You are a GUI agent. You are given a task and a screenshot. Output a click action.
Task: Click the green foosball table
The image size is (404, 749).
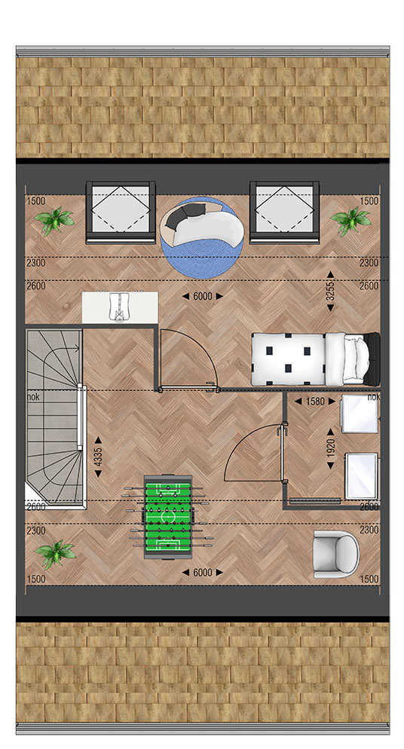pos(168,517)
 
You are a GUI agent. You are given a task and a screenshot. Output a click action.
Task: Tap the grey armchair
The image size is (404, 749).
pos(335,554)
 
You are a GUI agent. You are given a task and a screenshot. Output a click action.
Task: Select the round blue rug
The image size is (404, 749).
pos(202,237)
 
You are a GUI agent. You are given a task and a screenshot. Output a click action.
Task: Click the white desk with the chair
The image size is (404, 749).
pos(120,307)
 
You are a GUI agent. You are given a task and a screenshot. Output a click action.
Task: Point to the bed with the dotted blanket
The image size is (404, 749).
pos(316,359)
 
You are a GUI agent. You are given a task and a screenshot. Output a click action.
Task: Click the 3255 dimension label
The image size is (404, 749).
pos(330,292)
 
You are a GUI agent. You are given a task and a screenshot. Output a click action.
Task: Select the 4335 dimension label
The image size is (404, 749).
pos(98,457)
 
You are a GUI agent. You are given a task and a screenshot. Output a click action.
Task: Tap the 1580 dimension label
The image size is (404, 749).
pos(315,401)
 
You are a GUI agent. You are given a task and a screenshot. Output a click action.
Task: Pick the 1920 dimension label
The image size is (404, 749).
pos(330,448)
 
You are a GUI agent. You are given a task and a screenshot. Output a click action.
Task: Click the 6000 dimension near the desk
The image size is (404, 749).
pos(203,296)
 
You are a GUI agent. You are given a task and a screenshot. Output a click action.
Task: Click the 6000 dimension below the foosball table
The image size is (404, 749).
pos(203,572)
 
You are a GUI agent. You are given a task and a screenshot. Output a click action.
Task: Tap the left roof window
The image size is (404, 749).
pos(121,212)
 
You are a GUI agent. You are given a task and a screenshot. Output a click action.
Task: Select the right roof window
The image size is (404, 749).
pos(285,212)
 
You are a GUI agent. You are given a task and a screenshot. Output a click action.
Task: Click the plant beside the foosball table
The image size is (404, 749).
pos(55,553)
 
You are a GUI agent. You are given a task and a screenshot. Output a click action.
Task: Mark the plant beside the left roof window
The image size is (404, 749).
pos(54,221)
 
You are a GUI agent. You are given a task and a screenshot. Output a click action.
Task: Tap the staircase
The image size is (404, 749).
pos(55,417)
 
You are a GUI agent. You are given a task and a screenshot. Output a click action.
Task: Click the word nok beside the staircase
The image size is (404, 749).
pos(33,396)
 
